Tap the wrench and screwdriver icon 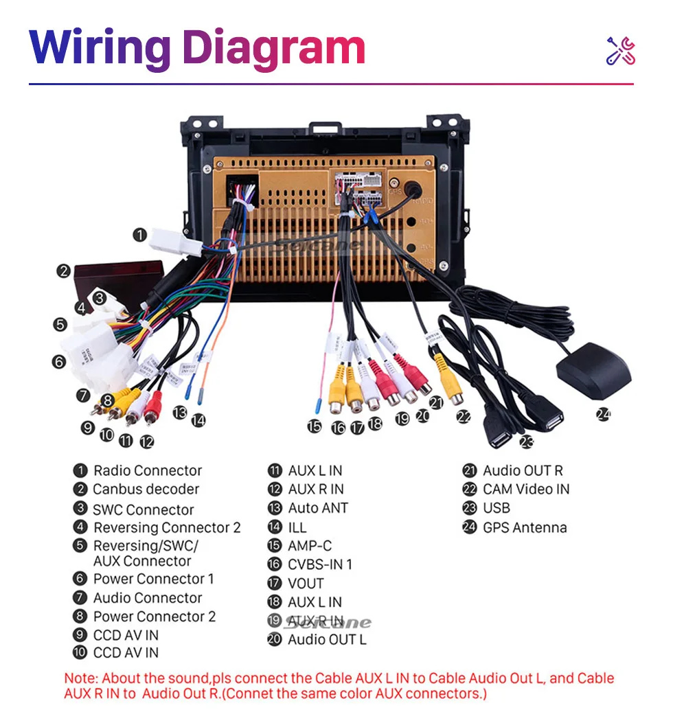click(x=621, y=51)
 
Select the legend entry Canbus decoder click(x=146, y=490)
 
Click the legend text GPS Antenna click(x=525, y=527)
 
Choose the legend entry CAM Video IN click(x=526, y=490)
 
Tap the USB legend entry click(x=497, y=508)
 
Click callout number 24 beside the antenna click(x=603, y=414)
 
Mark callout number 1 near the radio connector click(x=140, y=235)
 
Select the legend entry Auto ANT click(x=317, y=508)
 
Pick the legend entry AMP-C click(x=309, y=546)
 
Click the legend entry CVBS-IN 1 click(x=319, y=564)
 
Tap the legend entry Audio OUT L click(x=327, y=639)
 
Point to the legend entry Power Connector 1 click(x=153, y=579)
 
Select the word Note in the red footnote click(x=80, y=678)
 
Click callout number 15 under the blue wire click(x=315, y=426)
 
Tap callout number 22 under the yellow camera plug click(x=464, y=416)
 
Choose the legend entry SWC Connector click(x=144, y=510)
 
